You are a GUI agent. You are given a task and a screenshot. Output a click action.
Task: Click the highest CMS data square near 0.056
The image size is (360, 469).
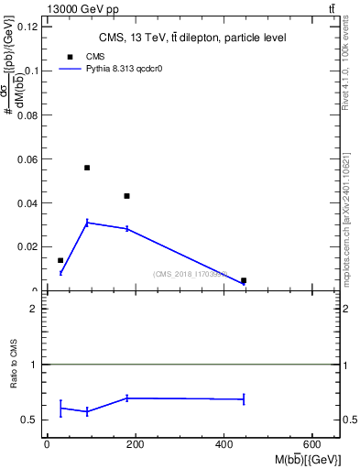[x=87, y=168]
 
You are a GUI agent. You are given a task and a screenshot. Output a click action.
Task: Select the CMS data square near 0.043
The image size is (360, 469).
[x=127, y=196]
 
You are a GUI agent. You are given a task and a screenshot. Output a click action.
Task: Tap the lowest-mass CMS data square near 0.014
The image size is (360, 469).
[x=60, y=260]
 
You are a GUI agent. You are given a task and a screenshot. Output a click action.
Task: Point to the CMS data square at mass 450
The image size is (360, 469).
[x=244, y=280]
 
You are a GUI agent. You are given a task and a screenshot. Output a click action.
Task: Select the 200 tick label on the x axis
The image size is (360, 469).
[x=136, y=444]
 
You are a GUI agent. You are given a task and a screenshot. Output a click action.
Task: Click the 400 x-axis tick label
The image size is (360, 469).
[x=224, y=444]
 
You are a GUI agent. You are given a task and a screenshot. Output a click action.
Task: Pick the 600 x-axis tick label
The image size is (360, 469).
[x=313, y=444]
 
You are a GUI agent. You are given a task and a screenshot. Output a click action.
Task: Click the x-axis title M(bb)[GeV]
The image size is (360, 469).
[x=307, y=458]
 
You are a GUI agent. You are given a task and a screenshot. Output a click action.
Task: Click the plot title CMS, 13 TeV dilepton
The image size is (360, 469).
[x=192, y=38]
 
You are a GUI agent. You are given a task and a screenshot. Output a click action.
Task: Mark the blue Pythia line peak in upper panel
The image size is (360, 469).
[x=87, y=222]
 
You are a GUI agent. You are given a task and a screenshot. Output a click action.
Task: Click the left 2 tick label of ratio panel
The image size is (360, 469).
[x=32, y=309]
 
